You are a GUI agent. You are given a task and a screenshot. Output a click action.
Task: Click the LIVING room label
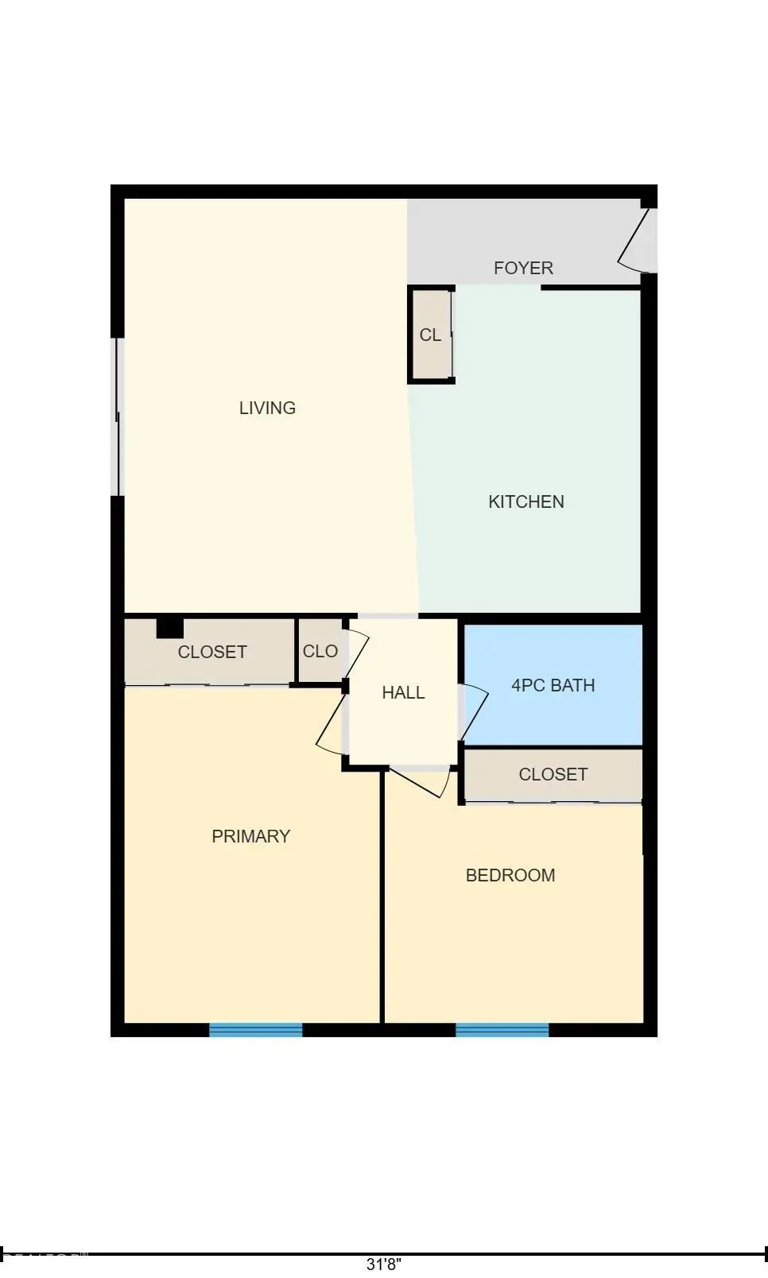pos(267,408)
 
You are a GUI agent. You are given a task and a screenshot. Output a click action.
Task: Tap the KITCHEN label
pos(526,502)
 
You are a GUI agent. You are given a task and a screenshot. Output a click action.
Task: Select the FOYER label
pos(523,268)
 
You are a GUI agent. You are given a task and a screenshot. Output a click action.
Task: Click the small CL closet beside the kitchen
pos(430,335)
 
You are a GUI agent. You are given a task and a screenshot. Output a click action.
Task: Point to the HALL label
pos(403,692)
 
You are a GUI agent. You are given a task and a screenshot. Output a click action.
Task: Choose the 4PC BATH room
pos(553,685)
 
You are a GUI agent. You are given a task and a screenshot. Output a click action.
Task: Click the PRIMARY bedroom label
pos(250,836)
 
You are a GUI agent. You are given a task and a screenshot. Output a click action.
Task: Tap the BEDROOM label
pos(510,875)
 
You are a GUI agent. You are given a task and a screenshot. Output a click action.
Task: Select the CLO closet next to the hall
pos(320,651)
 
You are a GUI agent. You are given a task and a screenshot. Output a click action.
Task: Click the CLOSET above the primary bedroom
pos(212,652)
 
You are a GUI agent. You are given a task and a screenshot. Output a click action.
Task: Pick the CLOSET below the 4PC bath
pos(553,774)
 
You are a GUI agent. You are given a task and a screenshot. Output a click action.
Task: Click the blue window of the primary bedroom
pos(255,1029)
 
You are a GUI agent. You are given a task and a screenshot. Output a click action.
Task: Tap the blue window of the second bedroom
pos(502,1029)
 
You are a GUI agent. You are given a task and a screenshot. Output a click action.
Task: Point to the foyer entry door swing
pos(638,238)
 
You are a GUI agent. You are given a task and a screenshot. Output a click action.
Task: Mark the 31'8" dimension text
pos(383,1264)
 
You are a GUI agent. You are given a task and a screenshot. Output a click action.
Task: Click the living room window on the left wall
pos(118,416)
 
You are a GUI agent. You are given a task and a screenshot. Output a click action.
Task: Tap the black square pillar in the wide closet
pos(169,628)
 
